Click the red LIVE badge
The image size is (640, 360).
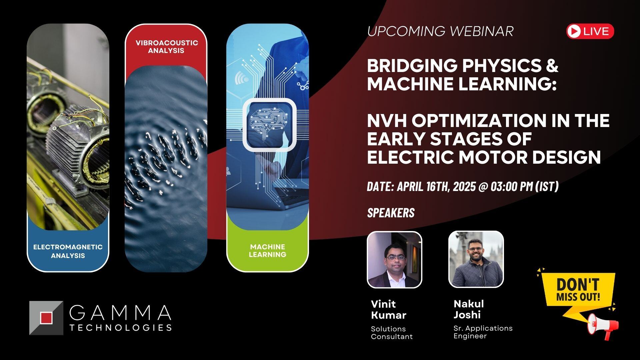590,31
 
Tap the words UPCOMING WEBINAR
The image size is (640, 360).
440,31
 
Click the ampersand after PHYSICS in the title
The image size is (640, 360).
552,65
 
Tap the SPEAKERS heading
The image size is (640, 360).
391,213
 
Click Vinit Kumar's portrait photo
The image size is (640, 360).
394,259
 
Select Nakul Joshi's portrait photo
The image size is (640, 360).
476,259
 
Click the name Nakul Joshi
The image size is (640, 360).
468,309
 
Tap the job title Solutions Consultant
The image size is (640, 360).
391,333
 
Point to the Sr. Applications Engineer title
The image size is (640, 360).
483,332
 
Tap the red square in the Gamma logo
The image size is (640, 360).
46,318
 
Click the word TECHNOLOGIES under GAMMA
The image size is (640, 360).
121,327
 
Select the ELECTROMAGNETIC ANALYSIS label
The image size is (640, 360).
68,251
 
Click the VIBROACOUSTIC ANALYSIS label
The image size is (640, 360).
166,47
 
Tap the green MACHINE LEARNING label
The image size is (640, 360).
267,251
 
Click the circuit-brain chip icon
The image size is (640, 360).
269,125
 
